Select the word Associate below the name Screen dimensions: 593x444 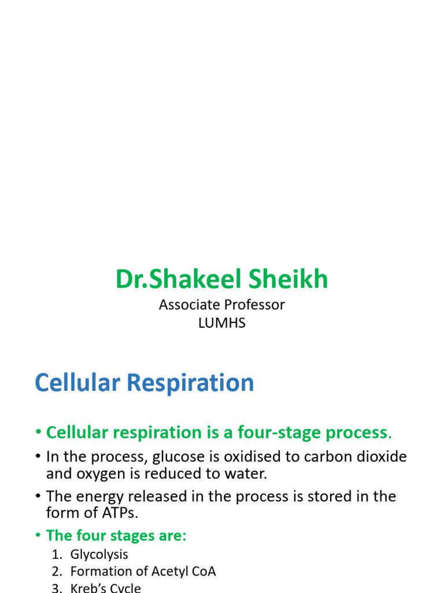(187, 305)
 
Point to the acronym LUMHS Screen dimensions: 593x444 (222, 323)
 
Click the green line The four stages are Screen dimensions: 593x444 (116, 536)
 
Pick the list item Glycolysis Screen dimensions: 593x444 (99, 554)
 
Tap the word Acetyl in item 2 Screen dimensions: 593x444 (171, 572)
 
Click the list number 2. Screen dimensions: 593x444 (55, 572)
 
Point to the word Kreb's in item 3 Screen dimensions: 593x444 (87, 588)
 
